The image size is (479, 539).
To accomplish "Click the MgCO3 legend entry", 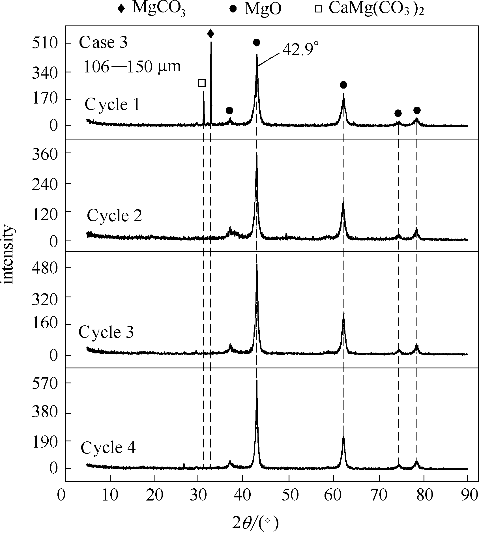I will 151,9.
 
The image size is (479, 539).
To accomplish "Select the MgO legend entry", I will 256,9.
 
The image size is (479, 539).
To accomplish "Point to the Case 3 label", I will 103,43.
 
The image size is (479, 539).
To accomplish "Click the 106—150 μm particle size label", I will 132,67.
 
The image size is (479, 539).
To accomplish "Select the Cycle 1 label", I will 112,105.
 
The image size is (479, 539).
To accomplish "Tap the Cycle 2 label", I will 114,216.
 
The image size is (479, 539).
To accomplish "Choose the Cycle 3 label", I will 106,332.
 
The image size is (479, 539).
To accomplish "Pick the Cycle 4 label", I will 108,448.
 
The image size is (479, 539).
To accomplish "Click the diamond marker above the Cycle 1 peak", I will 210,34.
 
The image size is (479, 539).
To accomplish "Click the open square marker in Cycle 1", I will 202,83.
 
